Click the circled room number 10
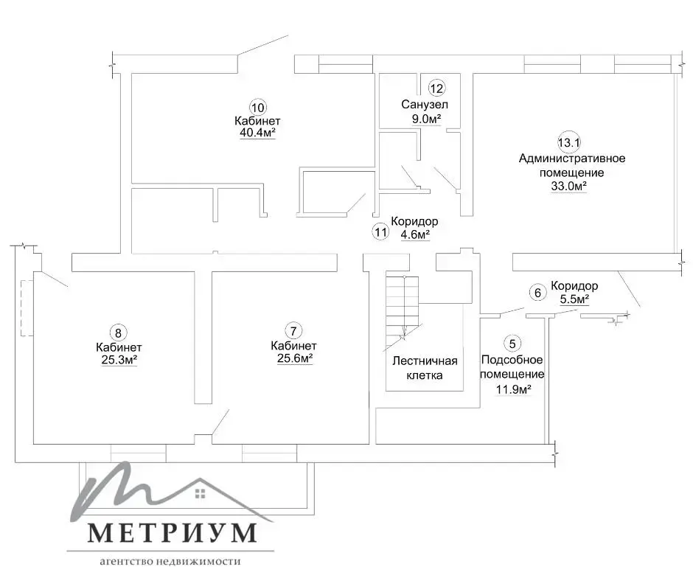(x=258, y=108)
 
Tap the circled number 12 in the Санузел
(x=436, y=88)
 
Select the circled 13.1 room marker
(x=569, y=143)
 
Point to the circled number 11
(x=380, y=232)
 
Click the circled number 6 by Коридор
(x=537, y=293)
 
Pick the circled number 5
(x=512, y=344)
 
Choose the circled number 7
(x=293, y=331)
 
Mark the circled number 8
(x=118, y=333)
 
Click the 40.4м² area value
(x=258, y=133)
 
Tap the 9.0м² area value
(x=427, y=119)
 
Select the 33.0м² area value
(x=569, y=186)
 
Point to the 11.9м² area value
(x=513, y=389)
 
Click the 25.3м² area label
(x=119, y=360)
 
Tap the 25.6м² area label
(x=295, y=358)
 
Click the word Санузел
(x=425, y=105)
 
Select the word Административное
(x=572, y=159)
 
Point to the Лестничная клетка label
(x=425, y=368)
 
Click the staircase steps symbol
(x=403, y=312)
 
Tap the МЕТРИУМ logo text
(x=173, y=532)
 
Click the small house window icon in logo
(x=201, y=493)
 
